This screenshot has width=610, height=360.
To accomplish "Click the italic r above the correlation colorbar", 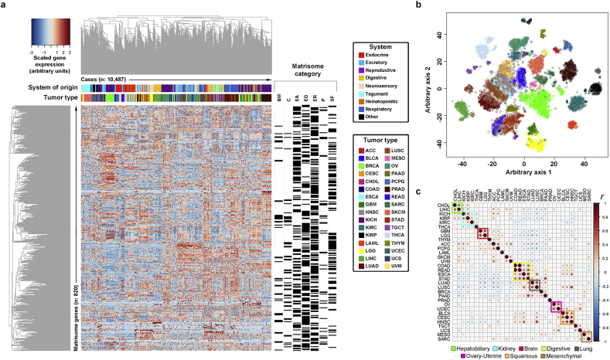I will pyautogui.click(x=602, y=198).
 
